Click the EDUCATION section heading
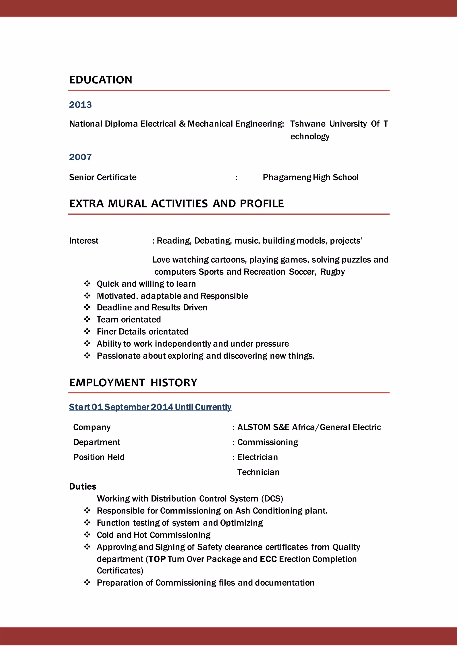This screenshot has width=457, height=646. point(101,80)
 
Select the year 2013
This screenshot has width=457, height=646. point(81,105)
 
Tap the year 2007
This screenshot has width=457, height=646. point(81,157)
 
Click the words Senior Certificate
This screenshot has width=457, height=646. point(103,177)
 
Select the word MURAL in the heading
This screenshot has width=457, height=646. point(127,204)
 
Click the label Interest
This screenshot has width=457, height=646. point(84,241)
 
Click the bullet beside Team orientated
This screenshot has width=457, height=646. point(87,319)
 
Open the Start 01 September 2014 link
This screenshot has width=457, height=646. point(150,407)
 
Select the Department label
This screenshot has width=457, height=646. point(97,442)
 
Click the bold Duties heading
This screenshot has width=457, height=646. point(83,487)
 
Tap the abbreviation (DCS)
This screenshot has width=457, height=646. point(272,499)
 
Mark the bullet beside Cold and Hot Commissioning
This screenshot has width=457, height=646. point(87,535)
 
